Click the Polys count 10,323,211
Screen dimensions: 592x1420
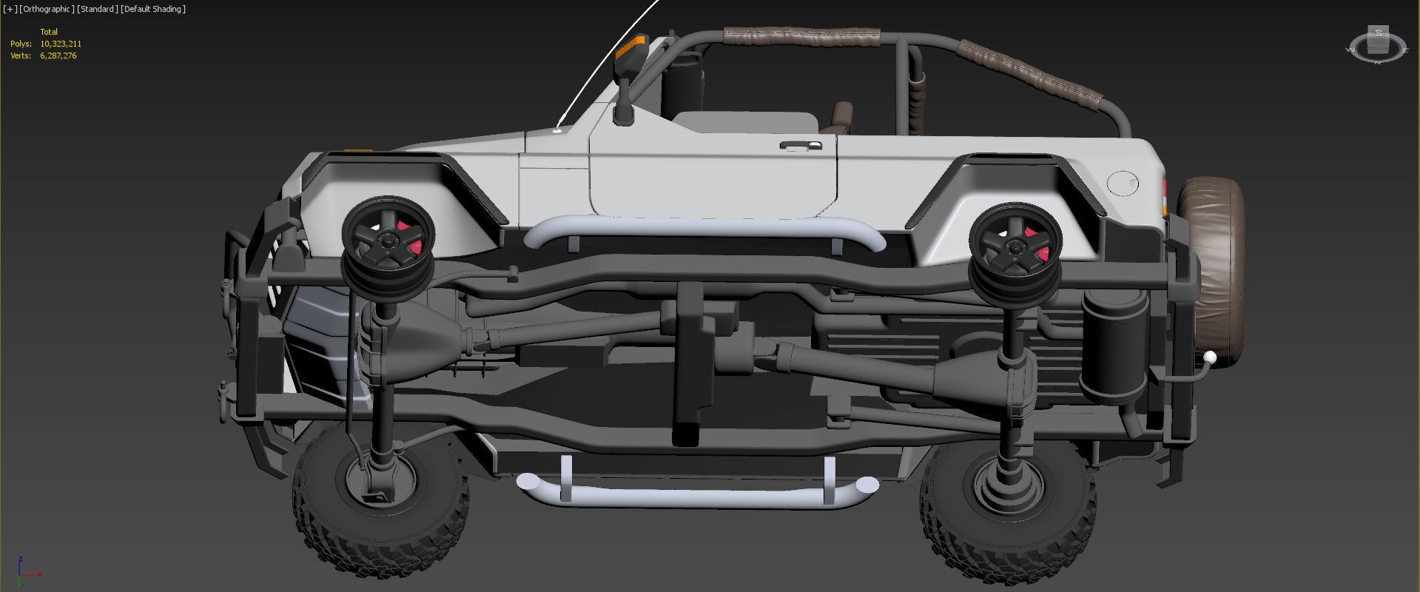pyautogui.click(x=61, y=44)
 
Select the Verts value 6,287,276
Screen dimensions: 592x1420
pyautogui.click(x=58, y=55)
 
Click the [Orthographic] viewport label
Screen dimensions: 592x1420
pyautogui.click(x=47, y=9)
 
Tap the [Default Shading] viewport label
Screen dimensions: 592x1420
pyautogui.click(x=153, y=9)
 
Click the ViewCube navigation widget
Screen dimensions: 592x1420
pyautogui.click(x=1376, y=47)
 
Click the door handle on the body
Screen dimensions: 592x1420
pyautogui.click(x=801, y=145)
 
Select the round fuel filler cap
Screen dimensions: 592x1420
pyautogui.click(x=1123, y=183)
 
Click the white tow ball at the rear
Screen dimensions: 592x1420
pyautogui.click(x=1209, y=358)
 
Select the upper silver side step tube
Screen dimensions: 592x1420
pyautogui.click(x=703, y=231)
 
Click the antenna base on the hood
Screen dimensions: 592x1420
pyautogui.click(x=557, y=130)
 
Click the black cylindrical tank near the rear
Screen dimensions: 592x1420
pyautogui.click(x=1113, y=344)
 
